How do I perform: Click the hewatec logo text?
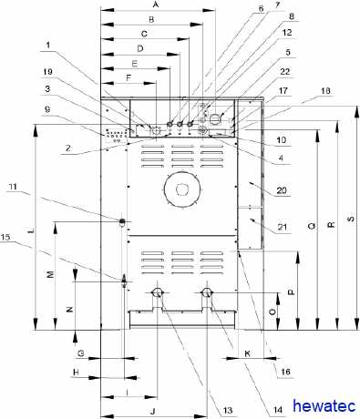click(x=324, y=406)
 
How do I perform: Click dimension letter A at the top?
click(x=156, y=5)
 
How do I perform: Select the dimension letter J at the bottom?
click(x=153, y=411)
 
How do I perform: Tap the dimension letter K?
click(x=248, y=353)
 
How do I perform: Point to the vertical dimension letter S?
click(x=351, y=219)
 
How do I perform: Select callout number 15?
click(x=5, y=237)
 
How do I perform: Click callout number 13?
click(x=228, y=410)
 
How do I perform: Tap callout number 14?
click(x=278, y=410)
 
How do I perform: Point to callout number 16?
click(x=285, y=372)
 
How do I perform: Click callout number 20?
click(x=282, y=190)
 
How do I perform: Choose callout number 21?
click(x=283, y=227)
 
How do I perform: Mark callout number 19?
click(x=47, y=72)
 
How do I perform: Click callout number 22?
click(x=285, y=72)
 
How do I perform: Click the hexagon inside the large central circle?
click(x=181, y=189)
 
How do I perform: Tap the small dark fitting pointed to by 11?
click(x=122, y=221)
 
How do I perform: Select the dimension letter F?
click(x=129, y=77)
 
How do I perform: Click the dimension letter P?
click(x=291, y=292)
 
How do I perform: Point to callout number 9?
click(x=47, y=109)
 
